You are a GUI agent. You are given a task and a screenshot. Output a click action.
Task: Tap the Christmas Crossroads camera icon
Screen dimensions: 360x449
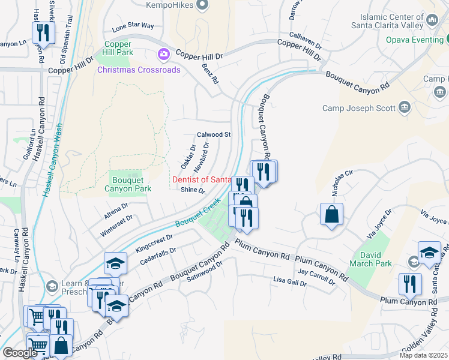(163, 55)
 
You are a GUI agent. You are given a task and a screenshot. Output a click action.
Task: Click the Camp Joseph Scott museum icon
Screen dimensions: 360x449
(404, 107)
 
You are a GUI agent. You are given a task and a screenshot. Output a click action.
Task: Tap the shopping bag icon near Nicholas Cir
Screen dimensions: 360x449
(331, 215)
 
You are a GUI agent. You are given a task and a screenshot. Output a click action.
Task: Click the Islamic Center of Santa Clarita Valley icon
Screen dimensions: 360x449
(432, 22)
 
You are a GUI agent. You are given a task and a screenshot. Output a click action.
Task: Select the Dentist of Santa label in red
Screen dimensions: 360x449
(202, 179)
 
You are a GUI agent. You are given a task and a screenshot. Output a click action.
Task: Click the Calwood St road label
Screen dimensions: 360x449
(214, 134)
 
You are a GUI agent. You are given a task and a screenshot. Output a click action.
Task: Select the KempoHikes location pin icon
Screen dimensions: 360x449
(202, 5)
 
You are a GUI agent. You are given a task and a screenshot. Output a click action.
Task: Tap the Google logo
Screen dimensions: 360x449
(19, 353)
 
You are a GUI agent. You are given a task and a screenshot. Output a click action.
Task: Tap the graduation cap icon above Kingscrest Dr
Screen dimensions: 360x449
(115, 263)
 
